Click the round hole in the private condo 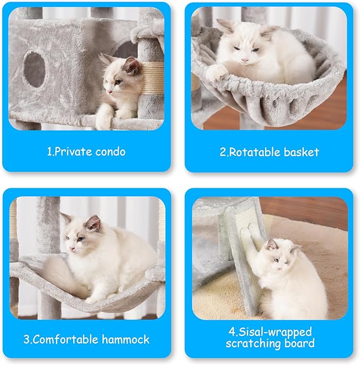pyautogui.click(x=35, y=69)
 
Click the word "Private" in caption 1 pyautogui.click(x=74, y=152)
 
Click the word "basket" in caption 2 pyautogui.click(x=301, y=152)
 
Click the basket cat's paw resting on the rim pyautogui.click(x=215, y=73)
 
